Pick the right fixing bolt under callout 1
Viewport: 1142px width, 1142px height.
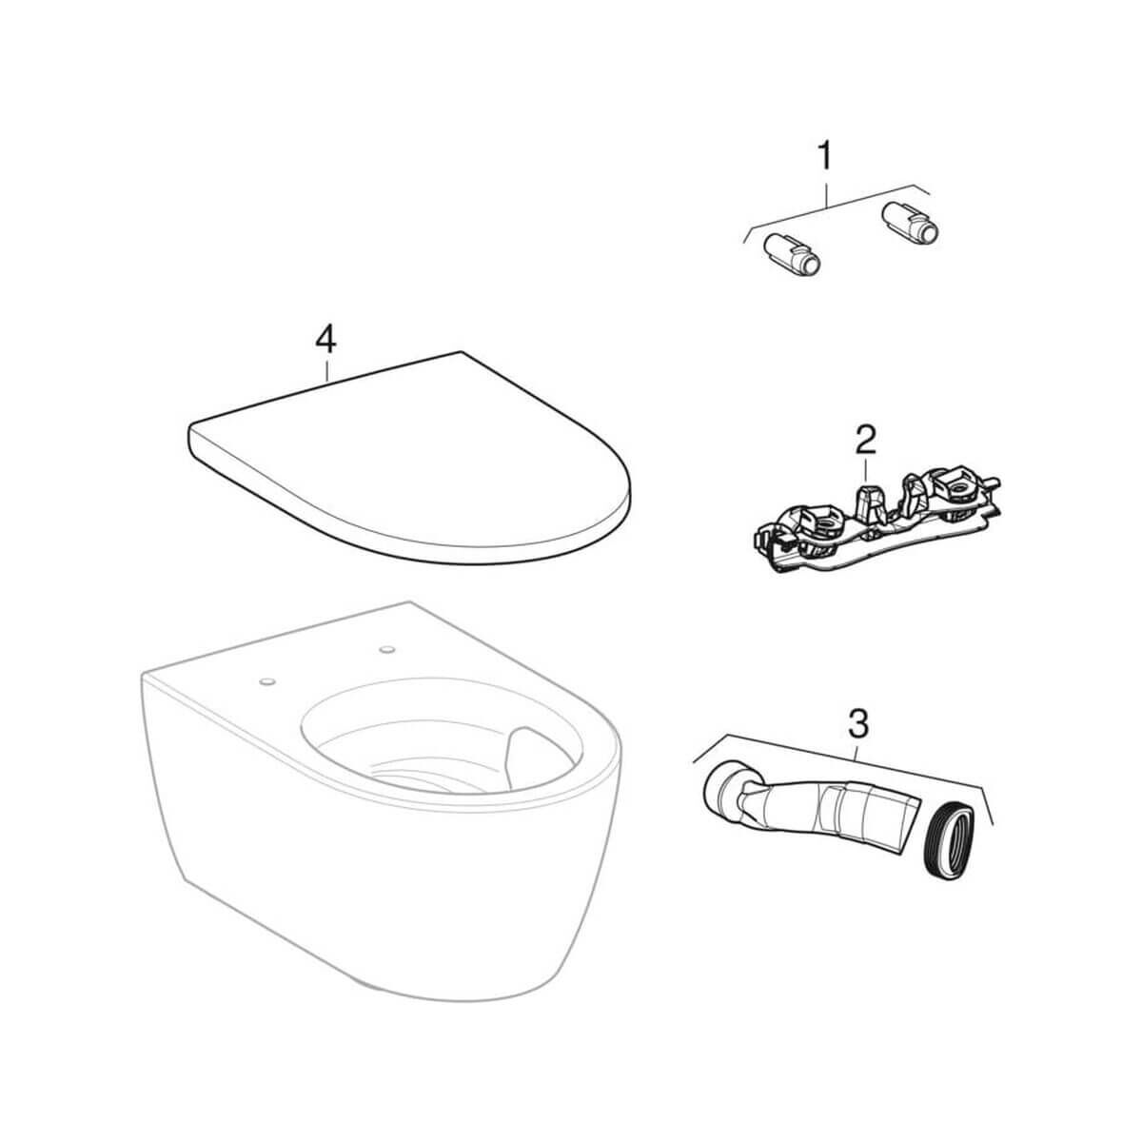point(911,224)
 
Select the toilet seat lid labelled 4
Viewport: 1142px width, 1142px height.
point(409,457)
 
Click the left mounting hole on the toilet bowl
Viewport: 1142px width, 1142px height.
point(266,681)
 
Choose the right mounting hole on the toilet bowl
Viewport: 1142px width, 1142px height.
point(388,650)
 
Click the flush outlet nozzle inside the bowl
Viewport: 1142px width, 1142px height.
point(522,755)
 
